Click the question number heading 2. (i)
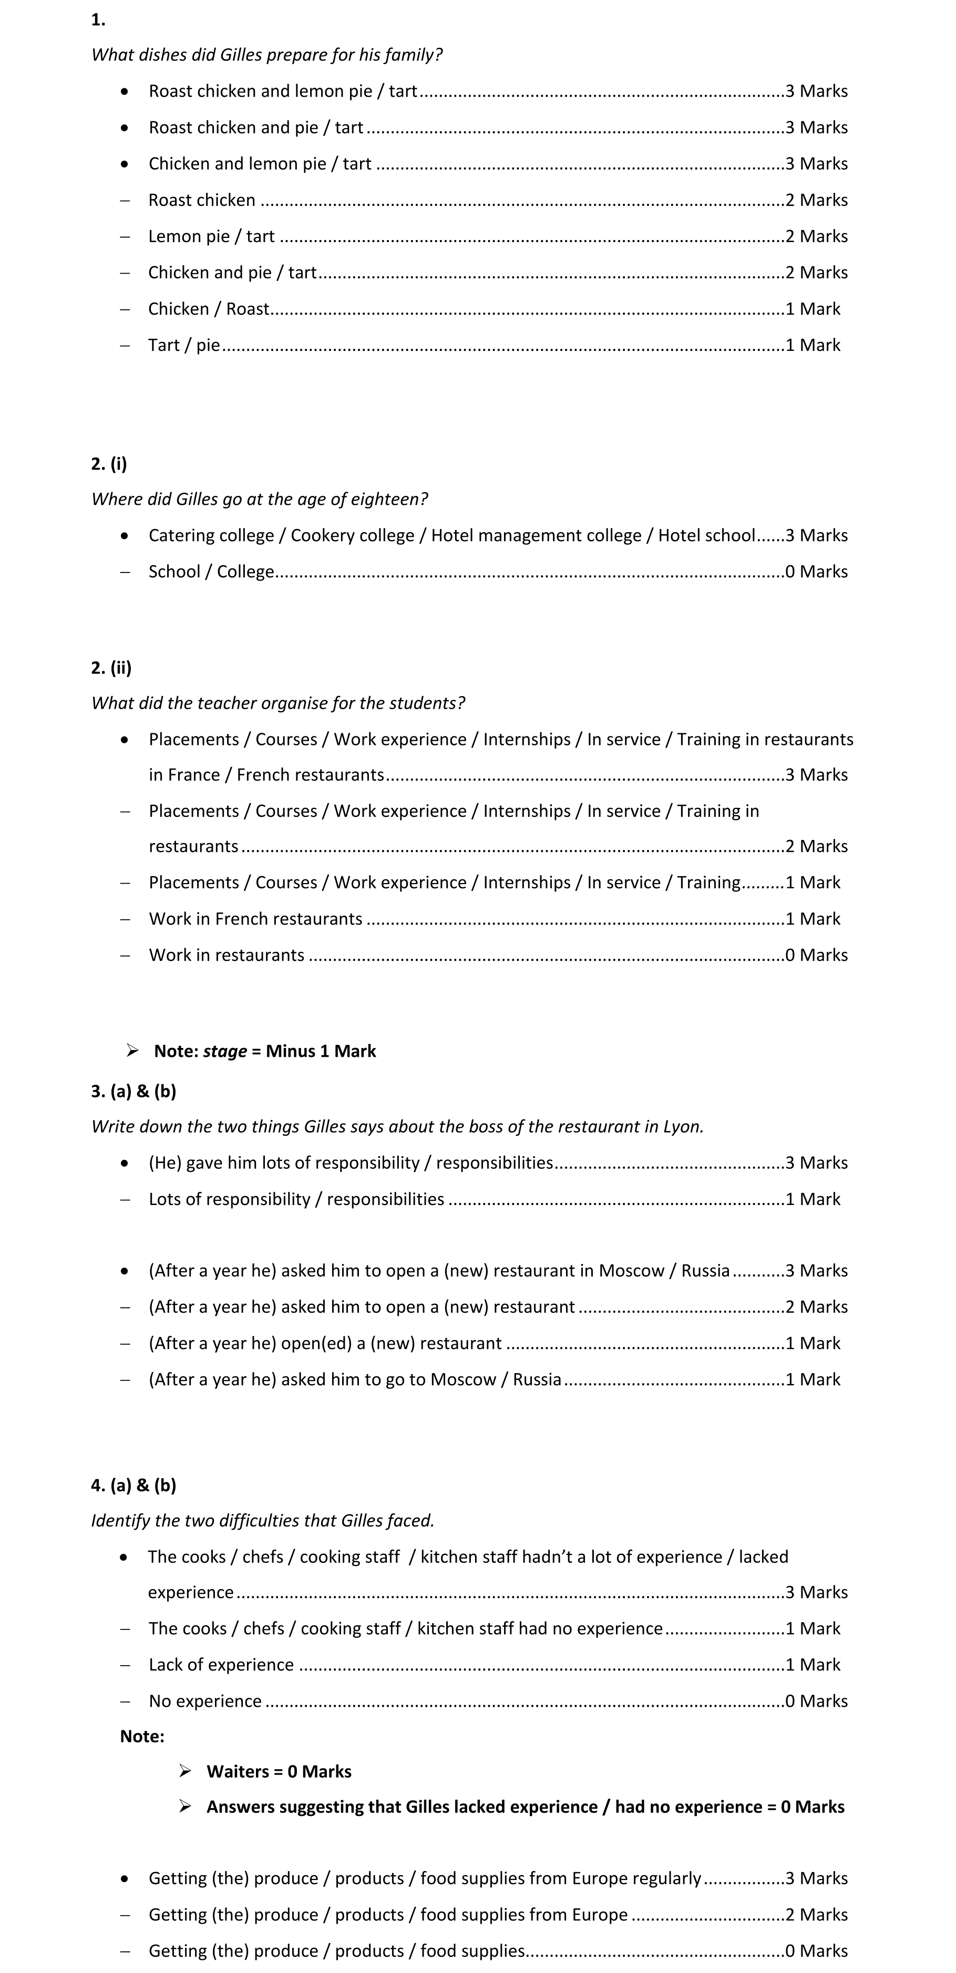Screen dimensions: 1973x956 (x=109, y=463)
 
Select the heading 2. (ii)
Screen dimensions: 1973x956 (x=111, y=667)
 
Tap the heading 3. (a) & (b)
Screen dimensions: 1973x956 (x=133, y=1091)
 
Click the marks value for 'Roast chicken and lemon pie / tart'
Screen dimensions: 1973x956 (x=817, y=91)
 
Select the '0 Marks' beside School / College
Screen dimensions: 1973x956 (x=817, y=572)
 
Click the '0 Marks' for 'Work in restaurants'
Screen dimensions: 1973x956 (x=817, y=955)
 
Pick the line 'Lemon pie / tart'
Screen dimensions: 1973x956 (x=211, y=236)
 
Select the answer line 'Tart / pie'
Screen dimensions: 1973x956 (x=184, y=346)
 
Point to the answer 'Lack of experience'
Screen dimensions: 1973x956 (x=221, y=1664)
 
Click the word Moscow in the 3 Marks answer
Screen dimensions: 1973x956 (x=631, y=1271)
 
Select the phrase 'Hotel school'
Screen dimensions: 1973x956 (x=706, y=535)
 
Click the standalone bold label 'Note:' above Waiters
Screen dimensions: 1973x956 (x=142, y=1736)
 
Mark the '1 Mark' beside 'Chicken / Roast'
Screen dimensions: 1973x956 (x=813, y=309)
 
